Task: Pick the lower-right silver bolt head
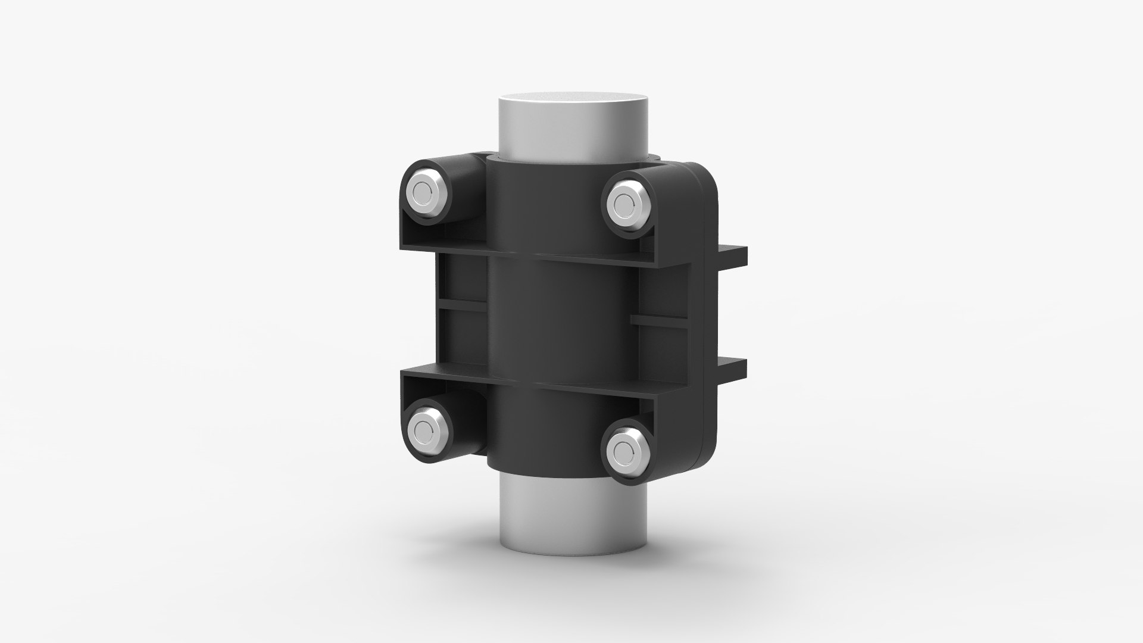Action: tap(624, 448)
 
